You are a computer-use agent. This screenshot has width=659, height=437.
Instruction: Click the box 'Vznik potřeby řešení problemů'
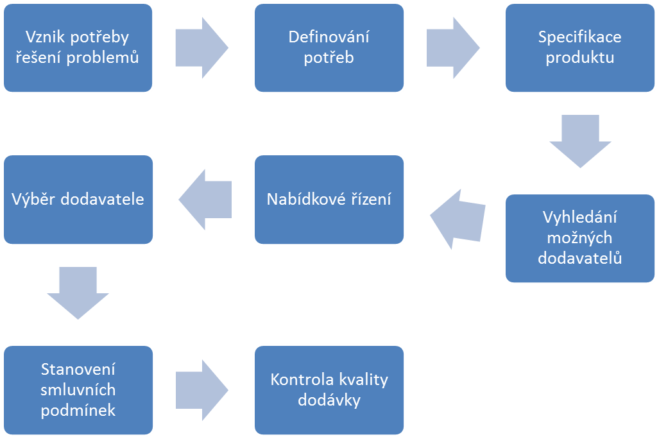point(78,47)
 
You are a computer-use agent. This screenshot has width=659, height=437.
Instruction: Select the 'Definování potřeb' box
point(329,47)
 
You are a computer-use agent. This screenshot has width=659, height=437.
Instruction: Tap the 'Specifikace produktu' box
point(579,47)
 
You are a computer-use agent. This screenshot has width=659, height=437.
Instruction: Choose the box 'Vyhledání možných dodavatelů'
point(579,238)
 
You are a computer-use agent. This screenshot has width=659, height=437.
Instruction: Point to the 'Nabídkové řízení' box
point(329,199)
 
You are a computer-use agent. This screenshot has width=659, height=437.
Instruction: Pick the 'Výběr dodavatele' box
point(78,199)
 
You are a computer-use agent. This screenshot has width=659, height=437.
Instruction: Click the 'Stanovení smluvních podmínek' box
point(78,390)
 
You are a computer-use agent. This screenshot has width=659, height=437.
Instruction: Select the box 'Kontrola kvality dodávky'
point(329,390)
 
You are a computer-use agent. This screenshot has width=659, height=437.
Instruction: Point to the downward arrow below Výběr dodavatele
point(78,293)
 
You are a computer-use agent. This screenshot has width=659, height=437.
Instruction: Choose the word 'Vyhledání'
point(579,217)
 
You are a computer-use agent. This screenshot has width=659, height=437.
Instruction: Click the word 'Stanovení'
point(78,369)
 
